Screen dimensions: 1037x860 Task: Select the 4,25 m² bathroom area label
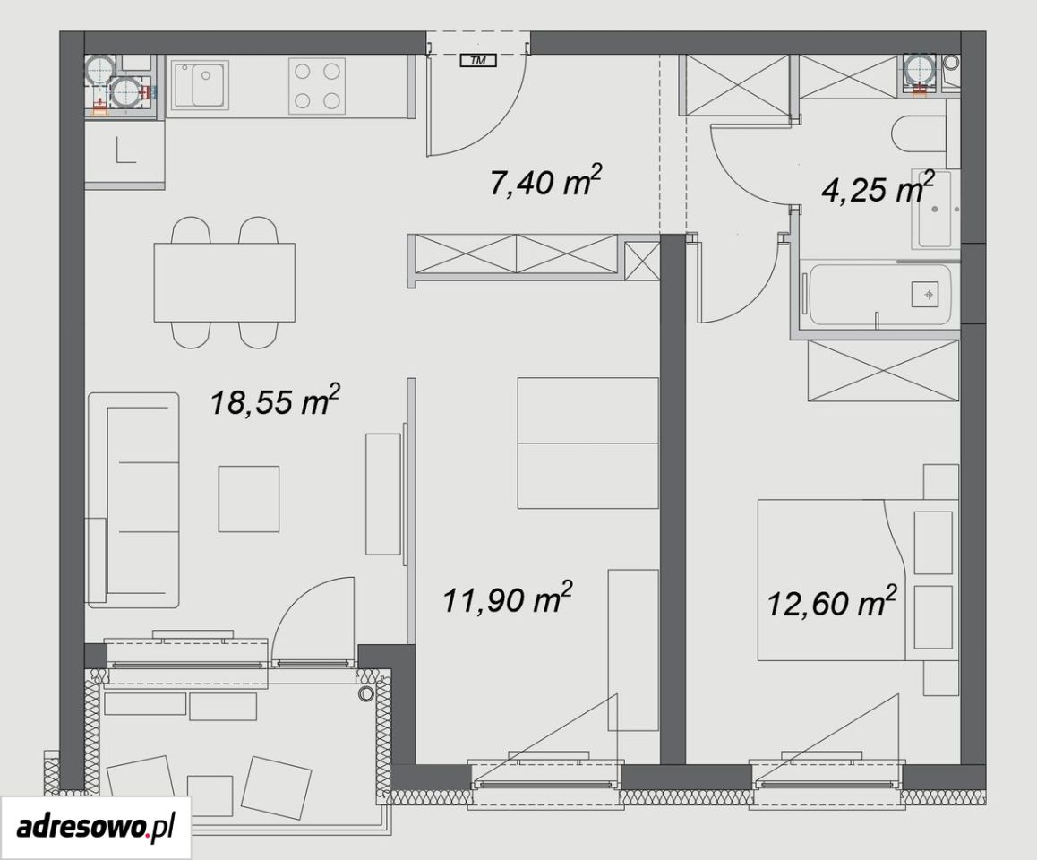point(878,188)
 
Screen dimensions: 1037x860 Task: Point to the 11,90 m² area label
point(507,599)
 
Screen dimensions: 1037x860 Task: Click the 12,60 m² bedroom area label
point(832,602)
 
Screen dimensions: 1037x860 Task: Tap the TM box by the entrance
point(478,62)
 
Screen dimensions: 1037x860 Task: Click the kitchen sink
point(201,86)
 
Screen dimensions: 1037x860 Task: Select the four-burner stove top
point(317,86)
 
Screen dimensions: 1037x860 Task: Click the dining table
point(224,282)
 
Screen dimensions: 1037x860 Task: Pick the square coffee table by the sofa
point(249,499)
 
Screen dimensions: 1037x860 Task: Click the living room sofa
point(133,500)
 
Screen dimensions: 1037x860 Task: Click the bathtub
point(877,295)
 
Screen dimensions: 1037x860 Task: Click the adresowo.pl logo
point(96,827)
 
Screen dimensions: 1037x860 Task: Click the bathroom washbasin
point(934,209)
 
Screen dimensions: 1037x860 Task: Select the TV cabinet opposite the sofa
point(383,494)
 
